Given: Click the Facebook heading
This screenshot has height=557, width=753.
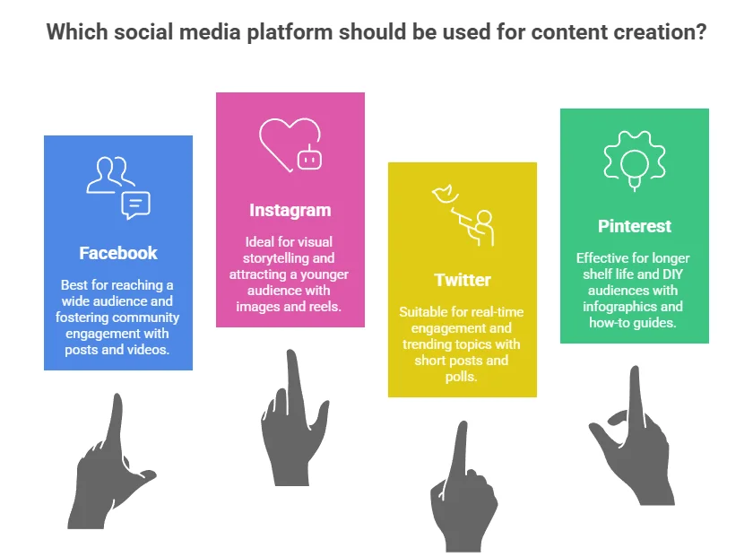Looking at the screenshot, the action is pos(118,253).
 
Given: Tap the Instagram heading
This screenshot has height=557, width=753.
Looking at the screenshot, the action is pos(290,210).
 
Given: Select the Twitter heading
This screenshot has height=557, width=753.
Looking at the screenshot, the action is pos(463,280).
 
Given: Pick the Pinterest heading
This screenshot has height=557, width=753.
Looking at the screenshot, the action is pos(635,226).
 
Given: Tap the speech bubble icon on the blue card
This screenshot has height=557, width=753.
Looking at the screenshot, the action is pos(136,205).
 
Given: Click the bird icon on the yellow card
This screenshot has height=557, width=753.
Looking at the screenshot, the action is pos(446,194).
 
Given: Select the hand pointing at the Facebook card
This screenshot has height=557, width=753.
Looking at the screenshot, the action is pos(112,461).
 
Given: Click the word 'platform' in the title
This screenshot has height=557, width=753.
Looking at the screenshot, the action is pos(290,32).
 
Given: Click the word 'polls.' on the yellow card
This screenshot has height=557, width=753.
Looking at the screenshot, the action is pos(461,377).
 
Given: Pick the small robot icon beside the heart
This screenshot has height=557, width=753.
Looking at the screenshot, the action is pos(309,157).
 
